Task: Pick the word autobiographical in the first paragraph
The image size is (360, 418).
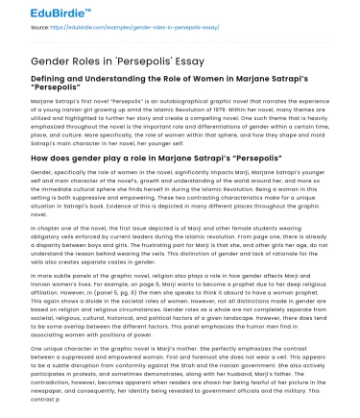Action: [170, 100]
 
